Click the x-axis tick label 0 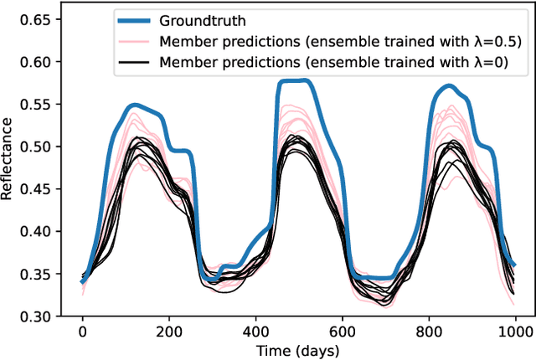coord(82,332)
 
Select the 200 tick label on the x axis coord(168,332)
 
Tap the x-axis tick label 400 coord(255,332)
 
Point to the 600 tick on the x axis coord(343,332)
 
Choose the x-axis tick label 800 coord(429,332)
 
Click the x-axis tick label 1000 coord(516,332)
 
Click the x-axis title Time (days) coord(298,349)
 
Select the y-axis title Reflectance coord(10,159)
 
